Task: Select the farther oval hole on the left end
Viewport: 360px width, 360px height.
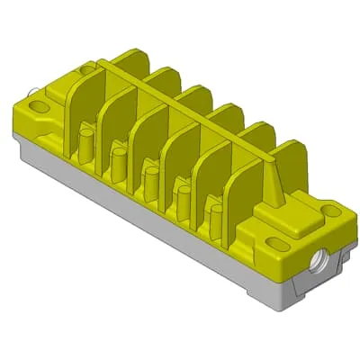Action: [x=86, y=68]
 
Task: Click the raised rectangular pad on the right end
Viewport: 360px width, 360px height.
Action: [x=298, y=215]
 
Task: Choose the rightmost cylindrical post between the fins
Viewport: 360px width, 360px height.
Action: [x=215, y=218]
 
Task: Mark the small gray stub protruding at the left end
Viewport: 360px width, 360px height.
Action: [x=32, y=91]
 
